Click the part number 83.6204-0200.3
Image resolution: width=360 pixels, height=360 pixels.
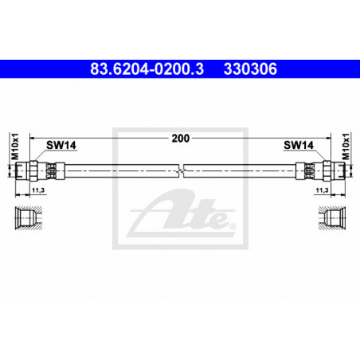coord(147,69)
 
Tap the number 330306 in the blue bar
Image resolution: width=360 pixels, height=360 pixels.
coord(250,69)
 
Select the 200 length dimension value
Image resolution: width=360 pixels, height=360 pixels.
coord(181,139)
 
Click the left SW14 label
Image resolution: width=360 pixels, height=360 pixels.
coord(61,145)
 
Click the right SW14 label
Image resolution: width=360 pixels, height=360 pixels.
coord(299,145)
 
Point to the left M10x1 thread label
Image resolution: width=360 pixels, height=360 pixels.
coord(15,147)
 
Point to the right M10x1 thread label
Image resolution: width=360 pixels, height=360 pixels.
coord(346,147)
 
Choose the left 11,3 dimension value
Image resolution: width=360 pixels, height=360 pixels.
coord(38,190)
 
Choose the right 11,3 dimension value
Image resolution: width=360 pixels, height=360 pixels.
coord(322,190)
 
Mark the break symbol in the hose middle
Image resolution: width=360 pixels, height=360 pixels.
coord(181,170)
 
